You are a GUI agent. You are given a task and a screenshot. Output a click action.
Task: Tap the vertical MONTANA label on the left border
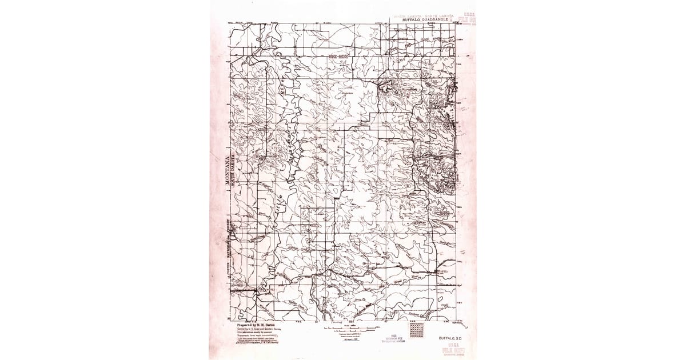tap(225, 171)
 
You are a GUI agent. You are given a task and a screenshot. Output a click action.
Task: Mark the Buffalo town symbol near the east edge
tap(441, 272)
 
